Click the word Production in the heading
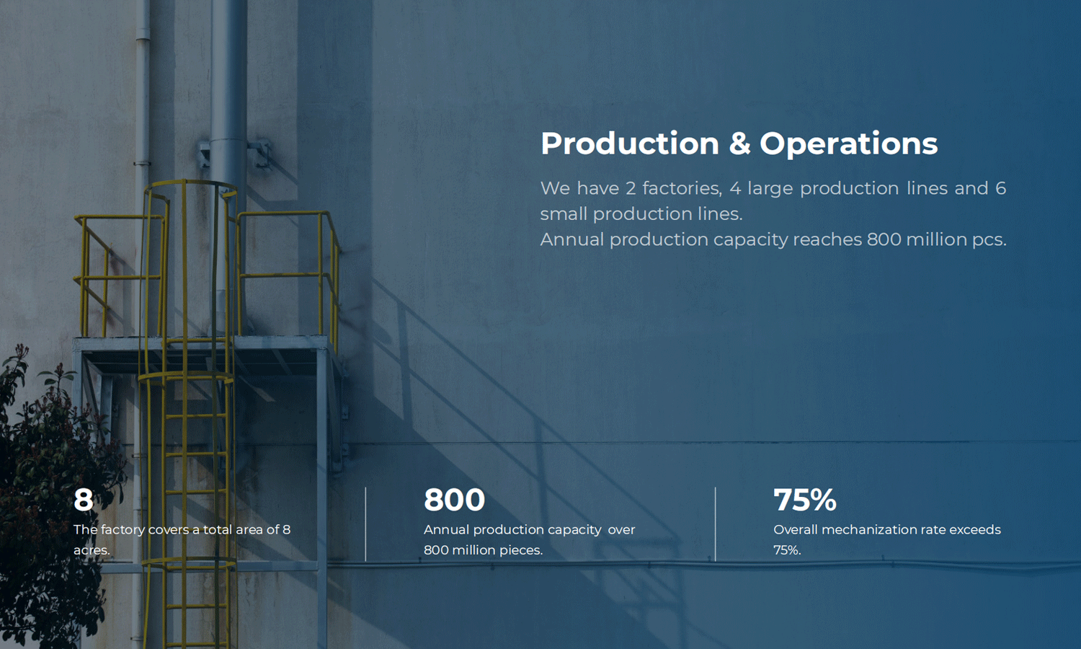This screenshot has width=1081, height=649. point(630,144)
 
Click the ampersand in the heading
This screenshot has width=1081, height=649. point(739,144)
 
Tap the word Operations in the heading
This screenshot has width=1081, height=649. point(849,144)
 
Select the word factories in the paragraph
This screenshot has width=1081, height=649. point(682,188)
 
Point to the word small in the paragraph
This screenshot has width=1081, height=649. point(563,214)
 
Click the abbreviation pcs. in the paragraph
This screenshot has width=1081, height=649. point(989,240)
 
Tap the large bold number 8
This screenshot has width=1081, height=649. point(83,500)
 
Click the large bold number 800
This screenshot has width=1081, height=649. point(454,500)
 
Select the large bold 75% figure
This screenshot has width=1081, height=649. point(804,500)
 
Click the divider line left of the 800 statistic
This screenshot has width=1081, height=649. point(366,524)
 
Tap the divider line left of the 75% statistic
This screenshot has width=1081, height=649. point(715,524)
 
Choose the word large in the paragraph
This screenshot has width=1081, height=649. point(770,189)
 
